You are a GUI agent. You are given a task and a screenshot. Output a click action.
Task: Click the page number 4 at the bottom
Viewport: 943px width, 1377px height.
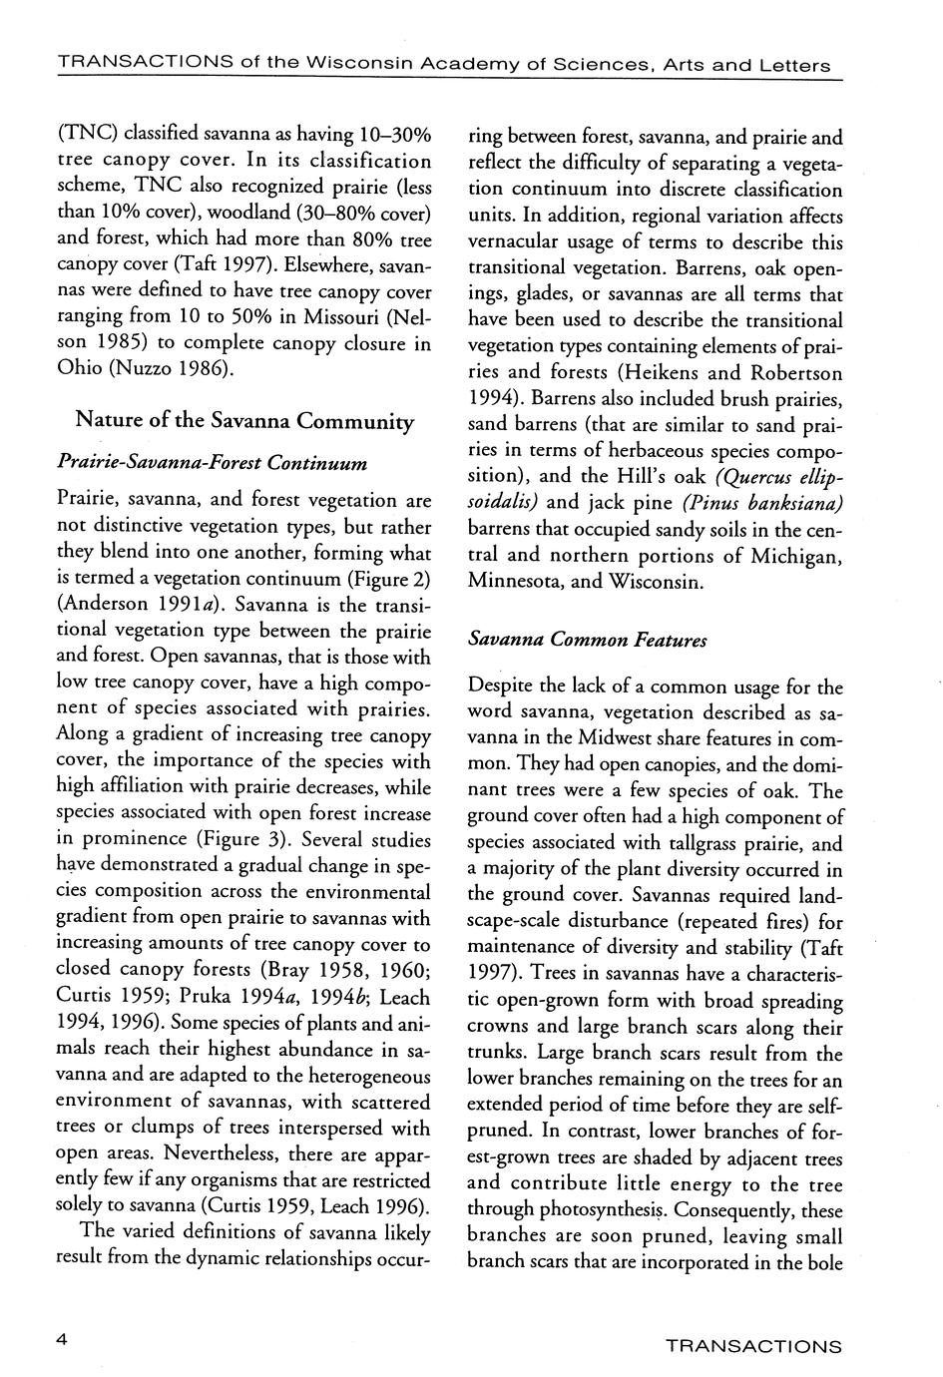63,1341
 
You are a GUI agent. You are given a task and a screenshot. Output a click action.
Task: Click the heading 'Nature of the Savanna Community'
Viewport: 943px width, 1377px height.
244,421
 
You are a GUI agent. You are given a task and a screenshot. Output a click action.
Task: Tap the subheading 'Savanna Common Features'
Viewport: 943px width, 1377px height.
587,640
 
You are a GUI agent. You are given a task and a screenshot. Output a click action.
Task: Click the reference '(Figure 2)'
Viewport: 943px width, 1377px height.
389,579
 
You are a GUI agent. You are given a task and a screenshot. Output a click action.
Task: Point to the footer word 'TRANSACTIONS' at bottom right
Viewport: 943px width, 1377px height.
753,1346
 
